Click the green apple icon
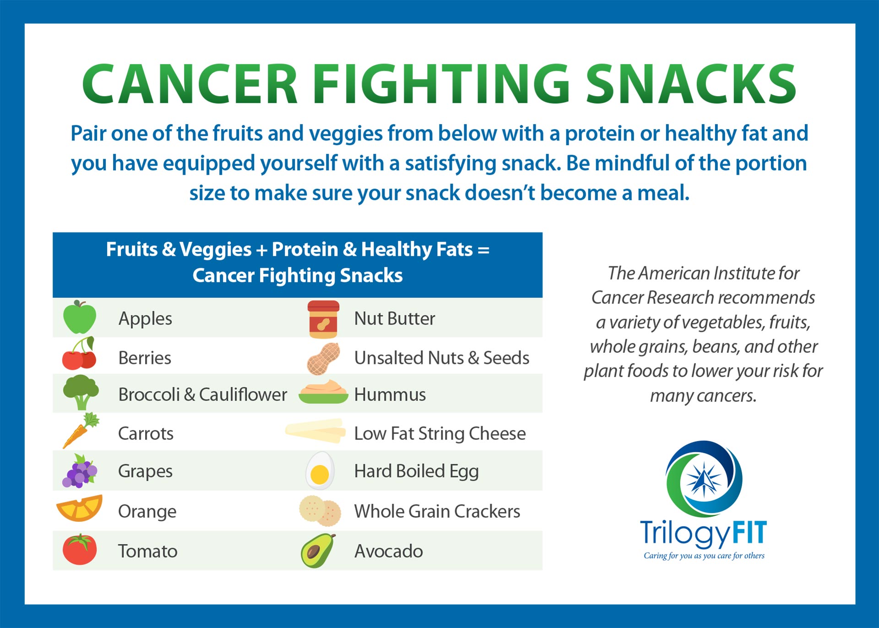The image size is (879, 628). (80, 317)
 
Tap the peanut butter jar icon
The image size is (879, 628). (323, 319)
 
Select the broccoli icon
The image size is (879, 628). (81, 392)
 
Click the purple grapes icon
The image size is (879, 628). (80, 471)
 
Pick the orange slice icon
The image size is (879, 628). (80, 508)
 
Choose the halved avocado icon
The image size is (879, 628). (318, 551)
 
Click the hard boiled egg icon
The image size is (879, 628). (320, 471)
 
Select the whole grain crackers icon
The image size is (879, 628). (320, 511)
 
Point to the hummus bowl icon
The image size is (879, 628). (323, 392)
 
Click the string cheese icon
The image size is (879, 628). (315, 431)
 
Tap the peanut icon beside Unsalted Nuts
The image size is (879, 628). (323, 358)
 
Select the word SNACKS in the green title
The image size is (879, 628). (691, 85)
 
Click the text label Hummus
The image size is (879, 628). (390, 395)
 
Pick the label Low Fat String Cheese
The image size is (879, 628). (439, 433)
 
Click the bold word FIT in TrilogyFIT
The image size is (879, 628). (749, 533)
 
